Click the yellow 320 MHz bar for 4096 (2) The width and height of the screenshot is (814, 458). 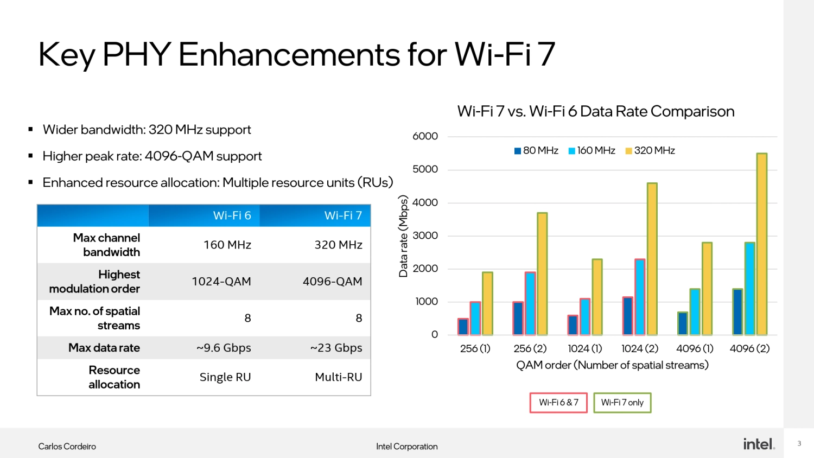pos(761,244)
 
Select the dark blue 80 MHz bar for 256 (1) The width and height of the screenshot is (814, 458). pos(463,327)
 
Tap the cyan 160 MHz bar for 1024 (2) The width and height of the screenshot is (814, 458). pos(640,297)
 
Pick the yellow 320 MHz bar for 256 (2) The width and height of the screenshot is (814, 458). pos(542,273)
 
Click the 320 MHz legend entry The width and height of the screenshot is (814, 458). pos(650,151)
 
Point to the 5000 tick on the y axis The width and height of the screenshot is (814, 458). pos(425,169)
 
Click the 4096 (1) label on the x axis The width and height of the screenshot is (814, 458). pos(695,348)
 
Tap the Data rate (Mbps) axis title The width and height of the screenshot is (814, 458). pos(403,236)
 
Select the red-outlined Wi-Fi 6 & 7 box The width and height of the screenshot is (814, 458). pos(558,403)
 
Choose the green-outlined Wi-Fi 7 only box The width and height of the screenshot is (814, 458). pos(622,403)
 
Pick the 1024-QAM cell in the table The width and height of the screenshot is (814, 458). pos(221,282)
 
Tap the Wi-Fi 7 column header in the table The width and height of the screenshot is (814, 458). pos(342,215)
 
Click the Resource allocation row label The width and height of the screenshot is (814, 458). pos(114,377)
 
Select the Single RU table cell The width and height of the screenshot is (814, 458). pos(225,377)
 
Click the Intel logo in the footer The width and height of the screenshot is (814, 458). pos(759,444)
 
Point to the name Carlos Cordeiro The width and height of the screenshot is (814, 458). pos(67,447)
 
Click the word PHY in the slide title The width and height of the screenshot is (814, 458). pos(137,54)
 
